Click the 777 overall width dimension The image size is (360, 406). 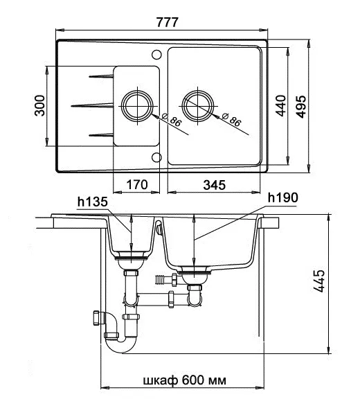coord(167,22)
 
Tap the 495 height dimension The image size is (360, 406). coord(300,107)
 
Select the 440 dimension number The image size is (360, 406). coord(280,106)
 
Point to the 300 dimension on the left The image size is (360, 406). coord(39,105)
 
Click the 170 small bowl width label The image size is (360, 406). coord(137,184)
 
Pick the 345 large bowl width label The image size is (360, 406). coord(214,185)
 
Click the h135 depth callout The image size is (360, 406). coord(92,202)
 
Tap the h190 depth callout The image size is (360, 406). coord(283,198)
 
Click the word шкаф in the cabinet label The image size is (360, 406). coord(161,380)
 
